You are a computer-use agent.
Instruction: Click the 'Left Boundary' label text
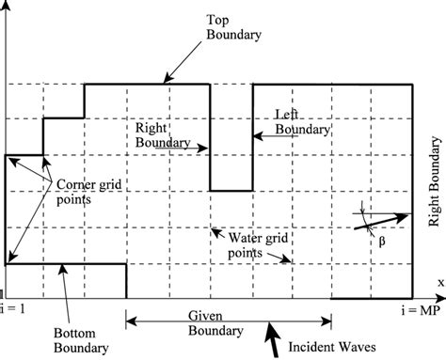pos(303,121)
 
